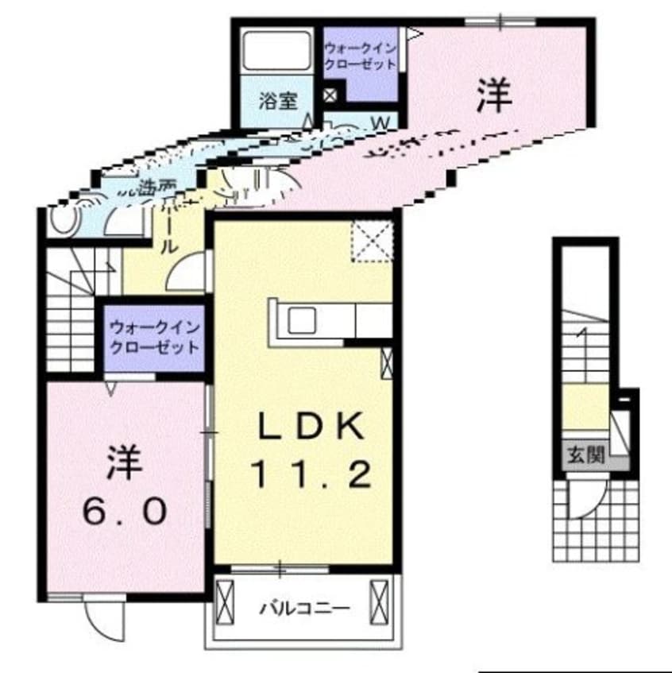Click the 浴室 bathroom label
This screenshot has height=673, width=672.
277,101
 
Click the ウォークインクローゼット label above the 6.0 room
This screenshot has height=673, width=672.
155,337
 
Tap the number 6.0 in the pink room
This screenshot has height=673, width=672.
126,511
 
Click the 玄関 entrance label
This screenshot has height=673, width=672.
586,454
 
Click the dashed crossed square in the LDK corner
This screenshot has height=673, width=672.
373,239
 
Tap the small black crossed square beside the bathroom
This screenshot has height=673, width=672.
330,97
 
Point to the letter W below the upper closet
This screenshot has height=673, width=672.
381,122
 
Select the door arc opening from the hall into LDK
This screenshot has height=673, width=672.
189,274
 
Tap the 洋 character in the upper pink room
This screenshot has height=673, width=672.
493,96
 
